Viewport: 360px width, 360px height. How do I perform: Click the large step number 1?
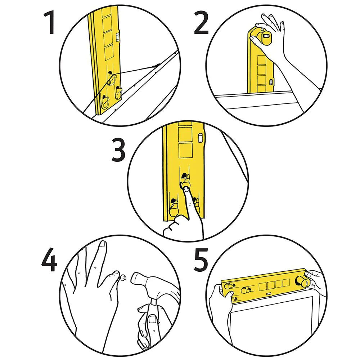coord(49,22)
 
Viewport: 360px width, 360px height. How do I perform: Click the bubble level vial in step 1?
coord(118,37)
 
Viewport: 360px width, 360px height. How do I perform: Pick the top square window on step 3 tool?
coord(185,133)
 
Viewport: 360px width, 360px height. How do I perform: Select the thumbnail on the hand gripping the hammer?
coord(152,319)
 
